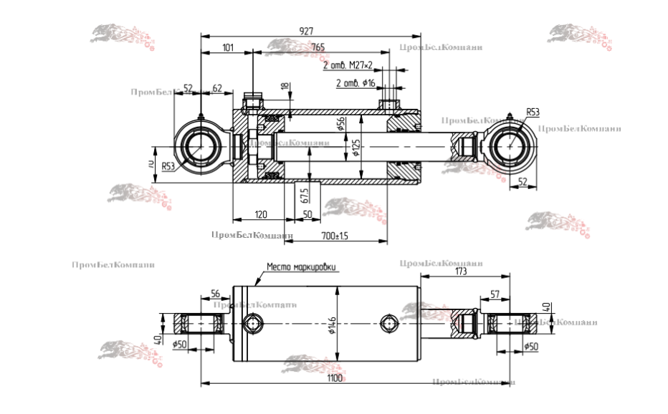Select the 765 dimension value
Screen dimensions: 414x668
[318, 47]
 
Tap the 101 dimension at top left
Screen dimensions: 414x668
[227, 47]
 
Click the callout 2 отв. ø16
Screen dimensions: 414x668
[356, 83]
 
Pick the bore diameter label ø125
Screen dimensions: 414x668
[356, 148]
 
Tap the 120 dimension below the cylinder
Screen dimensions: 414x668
[261, 215]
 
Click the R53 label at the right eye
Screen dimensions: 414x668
[533, 112]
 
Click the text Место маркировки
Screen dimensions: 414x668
[301, 267]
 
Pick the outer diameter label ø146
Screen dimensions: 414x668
[332, 327]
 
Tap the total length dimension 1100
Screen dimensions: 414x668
[334, 377]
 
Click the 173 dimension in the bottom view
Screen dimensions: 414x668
[461, 273]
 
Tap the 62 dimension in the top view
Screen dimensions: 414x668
[217, 88]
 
